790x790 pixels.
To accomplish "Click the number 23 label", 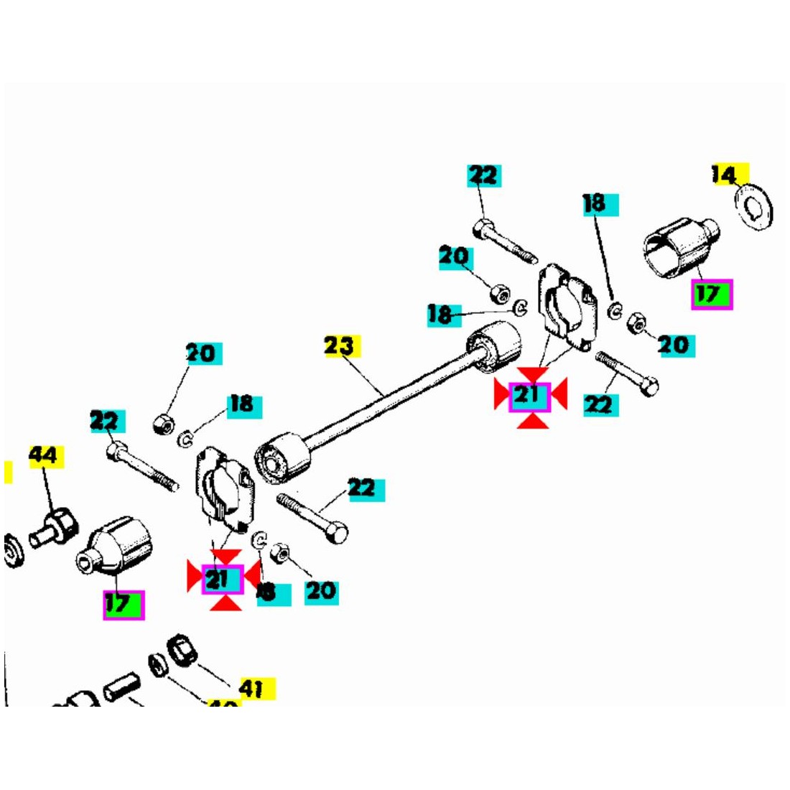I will pos(340,346).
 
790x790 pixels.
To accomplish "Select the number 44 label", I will pos(45,455).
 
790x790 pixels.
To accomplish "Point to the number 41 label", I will pos(251,689).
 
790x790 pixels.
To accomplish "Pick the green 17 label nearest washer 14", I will pos(711,294).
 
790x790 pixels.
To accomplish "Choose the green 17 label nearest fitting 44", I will pos(124,604).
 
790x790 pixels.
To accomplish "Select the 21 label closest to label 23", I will pos(529,396).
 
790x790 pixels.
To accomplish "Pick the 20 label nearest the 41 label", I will pos(320,591).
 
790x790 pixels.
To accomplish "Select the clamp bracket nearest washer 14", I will pos(565,305).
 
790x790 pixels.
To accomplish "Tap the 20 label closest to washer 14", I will pos(672,345).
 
